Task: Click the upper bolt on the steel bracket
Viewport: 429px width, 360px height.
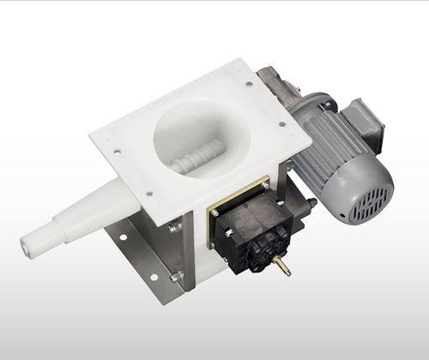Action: click(x=176, y=228)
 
